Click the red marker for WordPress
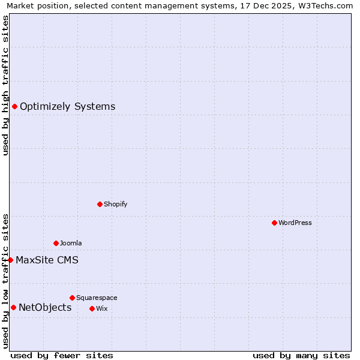pos(274,223)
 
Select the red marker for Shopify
pos(100,204)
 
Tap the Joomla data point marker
pos(56,243)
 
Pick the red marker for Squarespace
pos(72,298)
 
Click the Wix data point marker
pos(92,308)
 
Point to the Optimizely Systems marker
pos(14,106)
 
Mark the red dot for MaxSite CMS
pos(10,260)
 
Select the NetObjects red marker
pos(13,308)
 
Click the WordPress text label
pos(295,223)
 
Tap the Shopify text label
pos(115,204)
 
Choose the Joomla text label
pos(71,243)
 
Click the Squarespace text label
pos(97,298)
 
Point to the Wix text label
pos(101,308)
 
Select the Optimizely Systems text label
pos(67,107)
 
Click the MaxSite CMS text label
pos(47,260)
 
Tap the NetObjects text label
pos(45,308)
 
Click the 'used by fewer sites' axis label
pos(62,355)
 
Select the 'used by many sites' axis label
pos(301,355)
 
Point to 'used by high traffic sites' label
pos(5,85)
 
